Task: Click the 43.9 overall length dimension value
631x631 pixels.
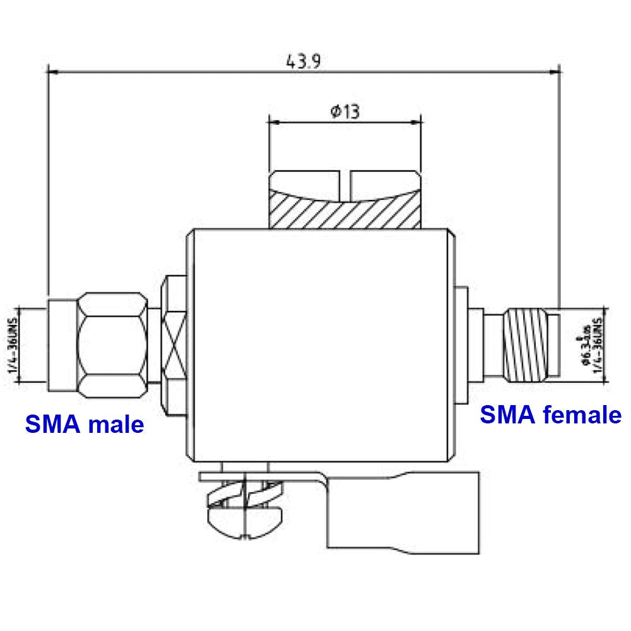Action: click(x=304, y=61)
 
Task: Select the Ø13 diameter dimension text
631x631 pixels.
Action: click(x=345, y=112)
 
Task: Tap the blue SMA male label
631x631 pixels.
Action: click(x=84, y=424)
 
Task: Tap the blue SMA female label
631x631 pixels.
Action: click(x=550, y=415)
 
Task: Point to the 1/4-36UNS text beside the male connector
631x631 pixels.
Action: click(x=13, y=345)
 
